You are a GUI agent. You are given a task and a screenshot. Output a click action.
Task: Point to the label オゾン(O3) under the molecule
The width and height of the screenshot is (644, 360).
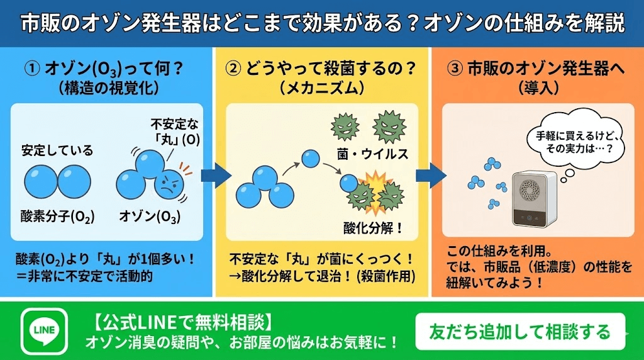tap(150, 217)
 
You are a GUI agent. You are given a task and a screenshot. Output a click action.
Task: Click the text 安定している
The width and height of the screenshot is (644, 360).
tap(57, 150)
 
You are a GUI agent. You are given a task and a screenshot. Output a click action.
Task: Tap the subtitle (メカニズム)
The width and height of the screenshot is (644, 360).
tap(321, 88)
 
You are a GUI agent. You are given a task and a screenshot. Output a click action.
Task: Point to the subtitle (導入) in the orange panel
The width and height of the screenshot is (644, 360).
tap(537, 88)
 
